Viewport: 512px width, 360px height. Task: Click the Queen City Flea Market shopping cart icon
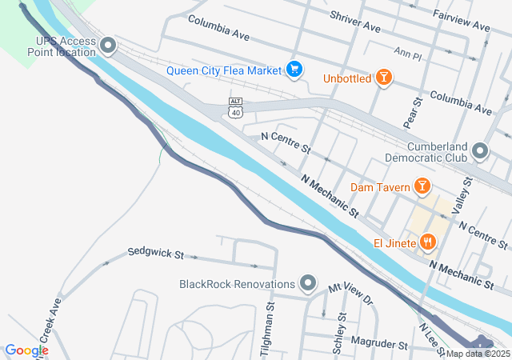pyautogui.click(x=294, y=70)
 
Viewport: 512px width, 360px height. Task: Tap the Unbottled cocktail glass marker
pyautogui.click(x=384, y=78)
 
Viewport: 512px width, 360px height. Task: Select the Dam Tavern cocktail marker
pyautogui.click(x=422, y=188)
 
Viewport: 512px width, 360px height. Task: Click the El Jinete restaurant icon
pyautogui.click(x=428, y=242)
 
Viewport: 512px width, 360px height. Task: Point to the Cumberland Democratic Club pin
pyautogui.click(x=480, y=150)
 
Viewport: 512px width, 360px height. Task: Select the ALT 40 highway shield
pyautogui.click(x=235, y=107)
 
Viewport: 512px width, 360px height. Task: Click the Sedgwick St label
pyautogui.click(x=155, y=254)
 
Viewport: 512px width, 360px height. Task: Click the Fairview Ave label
pyautogui.click(x=461, y=22)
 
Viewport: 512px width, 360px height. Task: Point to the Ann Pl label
pyautogui.click(x=407, y=54)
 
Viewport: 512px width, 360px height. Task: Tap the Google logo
pyautogui.click(x=26, y=350)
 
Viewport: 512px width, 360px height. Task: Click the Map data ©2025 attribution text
pyautogui.click(x=478, y=354)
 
